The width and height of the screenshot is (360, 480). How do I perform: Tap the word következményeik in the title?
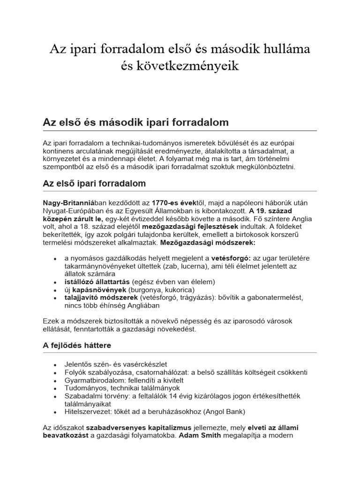click(193, 66)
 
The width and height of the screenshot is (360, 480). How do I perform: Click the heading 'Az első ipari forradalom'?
click(94, 183)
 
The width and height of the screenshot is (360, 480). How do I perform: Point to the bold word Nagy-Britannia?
click(65, 202)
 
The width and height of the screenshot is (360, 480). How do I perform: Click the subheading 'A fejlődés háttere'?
click(77, 345)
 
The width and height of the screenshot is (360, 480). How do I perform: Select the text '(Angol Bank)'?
click(223, 412)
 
